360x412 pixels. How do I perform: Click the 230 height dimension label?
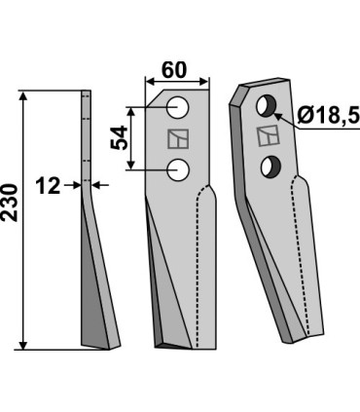(9, 203)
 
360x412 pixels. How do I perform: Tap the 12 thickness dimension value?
(48, 186)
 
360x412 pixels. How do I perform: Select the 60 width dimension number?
(174, 70)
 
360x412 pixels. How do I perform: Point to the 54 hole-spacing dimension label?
(120, 138)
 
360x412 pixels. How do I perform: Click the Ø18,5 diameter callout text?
(329, 115)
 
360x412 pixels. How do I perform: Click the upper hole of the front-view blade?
(178, 107)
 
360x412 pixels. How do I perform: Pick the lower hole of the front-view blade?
(178, 169)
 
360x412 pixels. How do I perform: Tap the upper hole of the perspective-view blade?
(266, 106)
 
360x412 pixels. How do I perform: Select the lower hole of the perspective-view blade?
(271, 167)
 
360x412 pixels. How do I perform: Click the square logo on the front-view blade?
(178, 139)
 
